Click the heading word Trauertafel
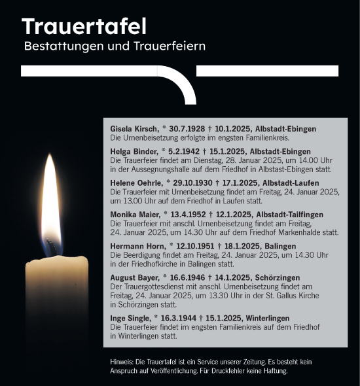84,27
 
